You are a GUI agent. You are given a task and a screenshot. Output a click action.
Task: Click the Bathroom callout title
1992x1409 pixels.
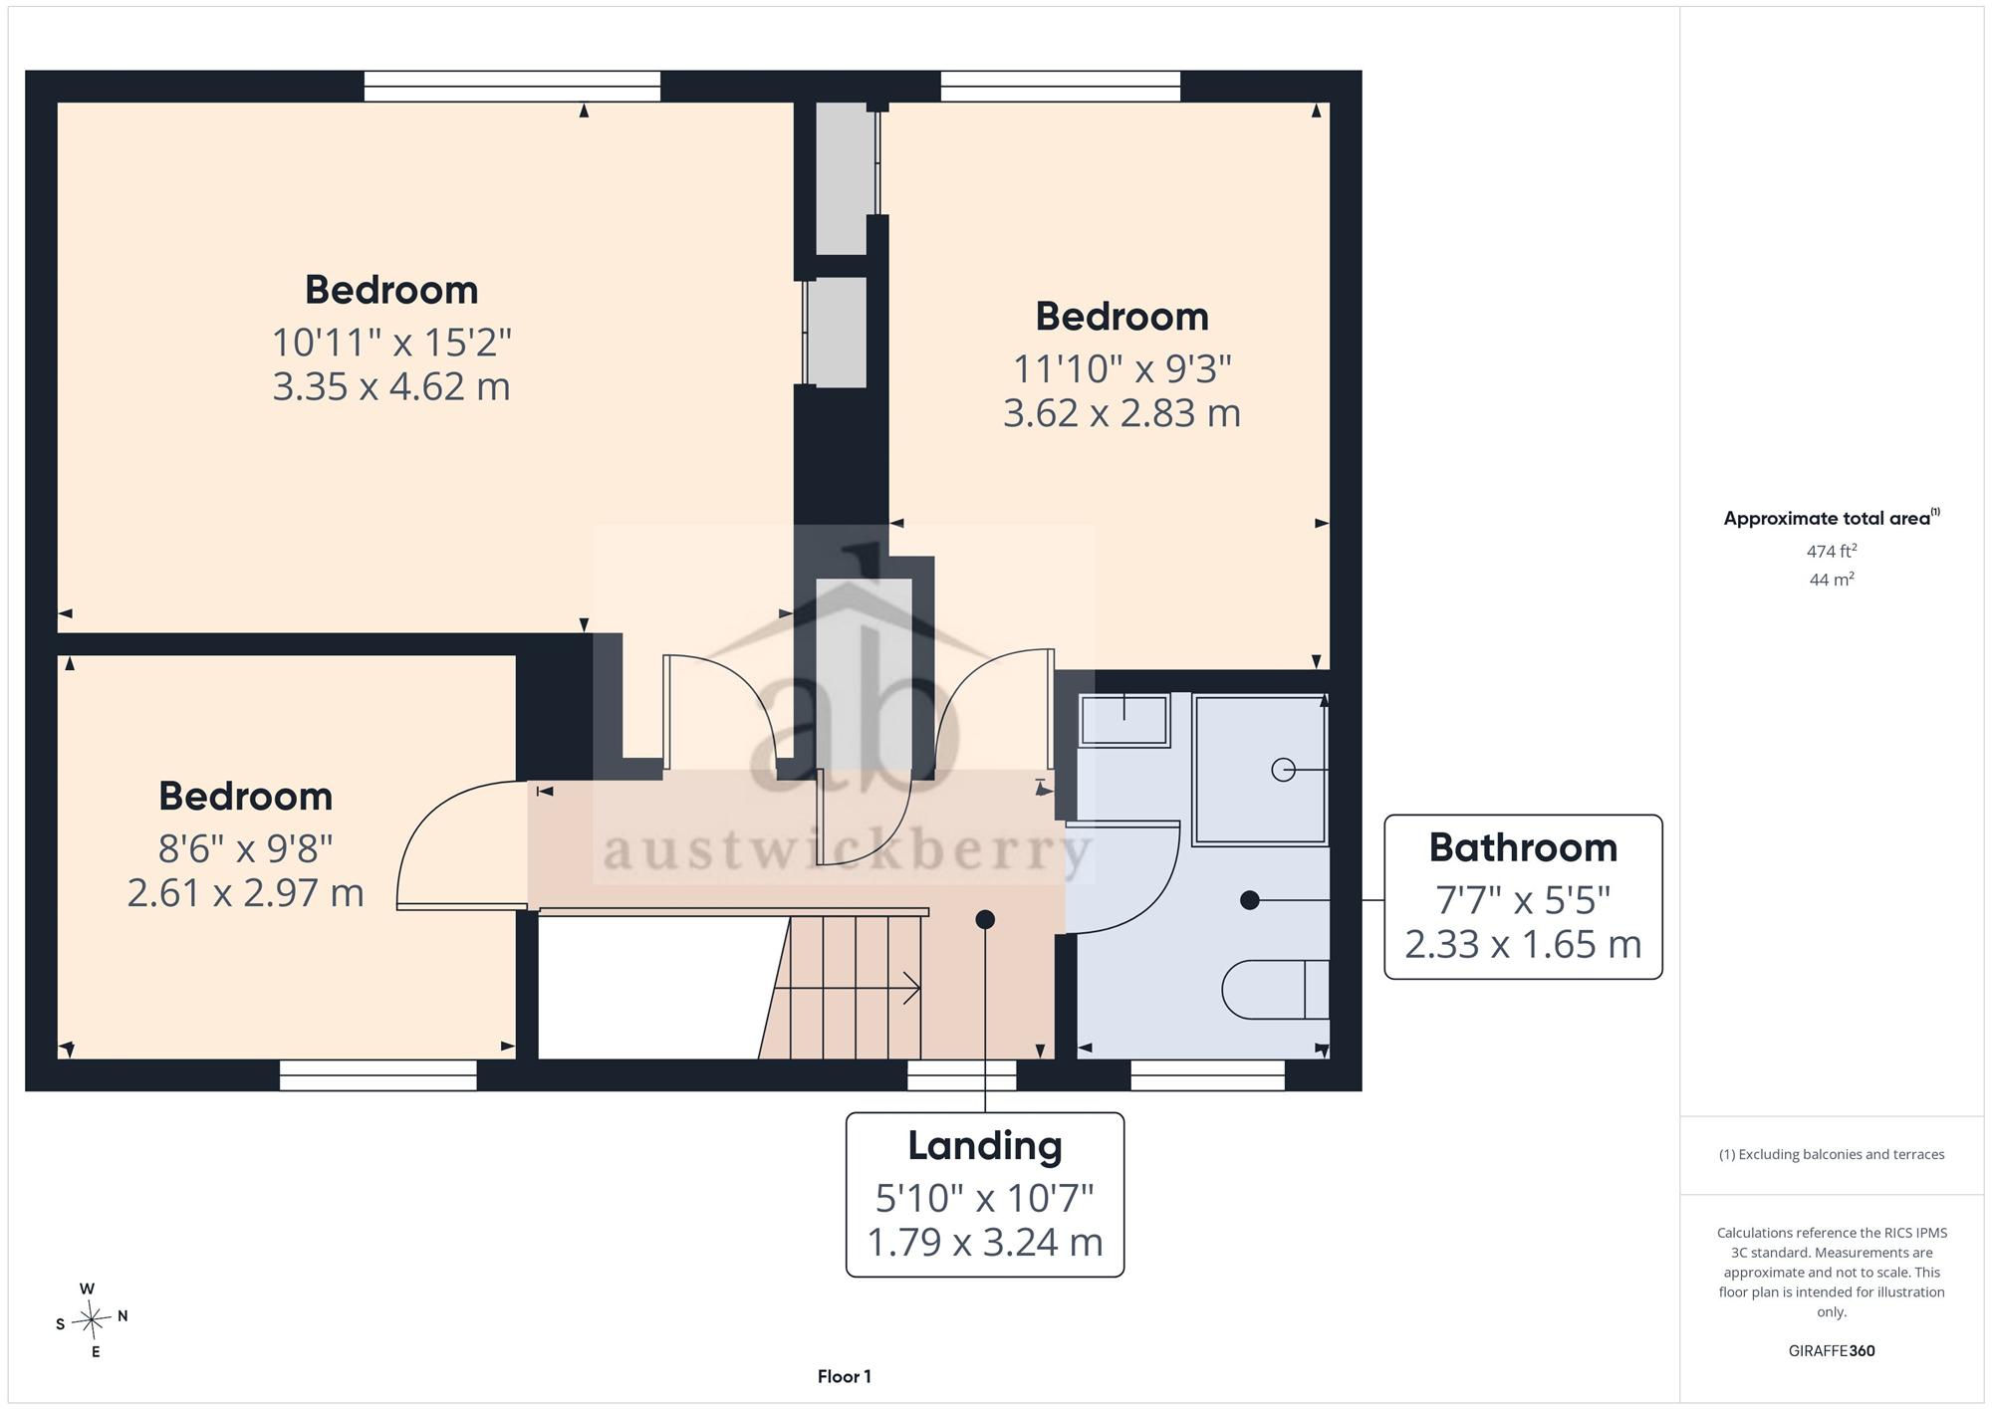[1523, 848]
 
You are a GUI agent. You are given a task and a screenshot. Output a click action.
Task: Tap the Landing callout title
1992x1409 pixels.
[985, 1146]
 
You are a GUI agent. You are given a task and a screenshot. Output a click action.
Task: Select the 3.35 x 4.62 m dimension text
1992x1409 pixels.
[391, 386]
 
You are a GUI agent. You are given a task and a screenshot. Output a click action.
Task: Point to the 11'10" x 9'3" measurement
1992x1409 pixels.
[1122, 368]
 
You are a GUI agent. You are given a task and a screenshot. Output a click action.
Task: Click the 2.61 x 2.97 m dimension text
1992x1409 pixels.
[246, 892]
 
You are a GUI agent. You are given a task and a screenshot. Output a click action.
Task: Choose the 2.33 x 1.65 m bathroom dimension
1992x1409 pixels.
[1523, 944]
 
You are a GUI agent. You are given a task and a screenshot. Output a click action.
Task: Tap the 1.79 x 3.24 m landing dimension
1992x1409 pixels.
[985, 1242]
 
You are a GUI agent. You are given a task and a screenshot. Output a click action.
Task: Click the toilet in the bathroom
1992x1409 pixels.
[1276, 990]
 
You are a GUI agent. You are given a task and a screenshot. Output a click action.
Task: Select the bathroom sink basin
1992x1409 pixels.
[1124, 720]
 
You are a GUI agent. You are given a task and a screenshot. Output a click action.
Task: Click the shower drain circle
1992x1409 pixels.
[1283, 770]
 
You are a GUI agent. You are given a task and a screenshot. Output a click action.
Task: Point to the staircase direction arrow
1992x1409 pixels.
[847, 989]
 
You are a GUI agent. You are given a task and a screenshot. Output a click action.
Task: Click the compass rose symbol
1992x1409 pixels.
[93, 1320]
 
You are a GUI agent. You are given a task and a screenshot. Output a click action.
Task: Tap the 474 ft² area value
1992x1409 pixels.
[1832, 551]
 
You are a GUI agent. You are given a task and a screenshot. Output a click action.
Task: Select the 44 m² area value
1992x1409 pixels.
[1832, 579]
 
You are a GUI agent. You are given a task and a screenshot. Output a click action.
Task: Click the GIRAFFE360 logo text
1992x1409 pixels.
[1832, 1351]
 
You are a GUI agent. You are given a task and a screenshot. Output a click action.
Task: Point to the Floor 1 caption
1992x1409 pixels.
[845, 1376]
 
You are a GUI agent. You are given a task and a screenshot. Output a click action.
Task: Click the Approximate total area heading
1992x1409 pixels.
[1832, 518]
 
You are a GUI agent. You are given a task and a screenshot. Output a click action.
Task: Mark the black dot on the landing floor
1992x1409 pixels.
[985, 919]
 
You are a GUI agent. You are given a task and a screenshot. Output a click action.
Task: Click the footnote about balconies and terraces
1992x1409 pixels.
[1832, 1155]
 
